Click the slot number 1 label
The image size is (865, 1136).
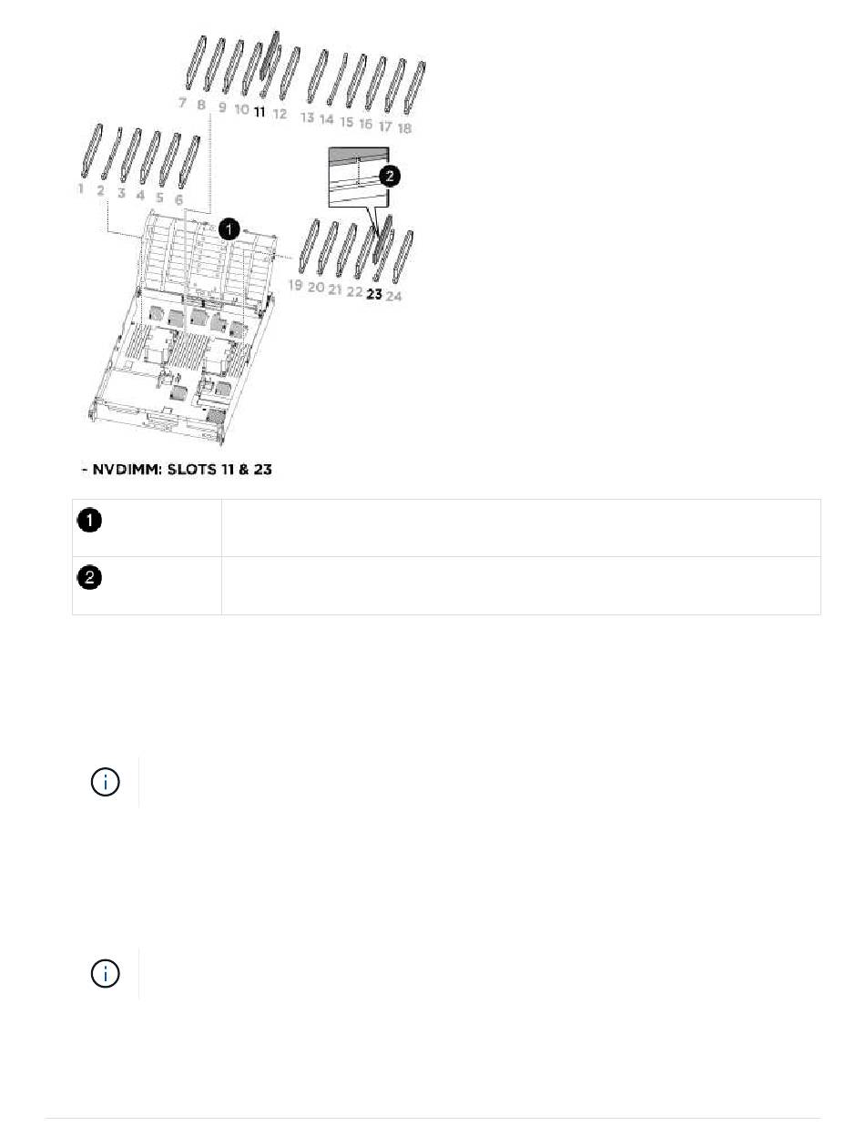(81, 188)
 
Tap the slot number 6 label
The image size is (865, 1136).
(178, 198)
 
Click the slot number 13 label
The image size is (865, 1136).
(307, 117)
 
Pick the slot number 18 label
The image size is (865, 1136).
(404, 128)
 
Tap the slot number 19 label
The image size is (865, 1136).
(295, 285)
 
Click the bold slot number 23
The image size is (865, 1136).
(374, 295)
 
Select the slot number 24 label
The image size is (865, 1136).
(393, 297)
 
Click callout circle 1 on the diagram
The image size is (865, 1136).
(230, 228)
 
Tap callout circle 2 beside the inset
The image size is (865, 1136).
(390, 176)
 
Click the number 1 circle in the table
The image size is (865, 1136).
(88, 522)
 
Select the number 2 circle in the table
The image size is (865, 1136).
(88, 578)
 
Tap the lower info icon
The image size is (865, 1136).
(107, 973)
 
